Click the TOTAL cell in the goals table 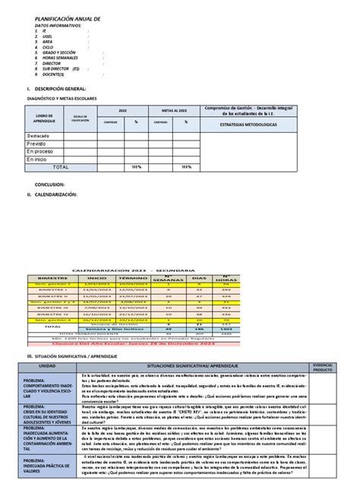point(60,166)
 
